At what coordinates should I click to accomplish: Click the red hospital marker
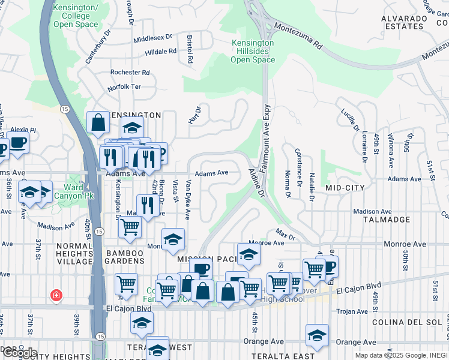click(56, 295)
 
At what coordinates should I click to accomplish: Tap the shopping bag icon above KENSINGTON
click(97, 122)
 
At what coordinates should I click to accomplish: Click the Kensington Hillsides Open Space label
click(253, 52)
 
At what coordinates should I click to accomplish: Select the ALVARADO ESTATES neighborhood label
click(403, 22)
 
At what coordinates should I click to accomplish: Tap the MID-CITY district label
click(345, 188)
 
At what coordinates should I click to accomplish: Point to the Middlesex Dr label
click(152, 38)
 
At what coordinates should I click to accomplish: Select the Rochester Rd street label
click(130, 73)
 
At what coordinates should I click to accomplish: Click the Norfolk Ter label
click(124, 87)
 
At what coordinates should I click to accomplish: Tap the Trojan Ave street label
click(352, 311)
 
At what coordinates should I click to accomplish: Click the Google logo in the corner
click(20, 353)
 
